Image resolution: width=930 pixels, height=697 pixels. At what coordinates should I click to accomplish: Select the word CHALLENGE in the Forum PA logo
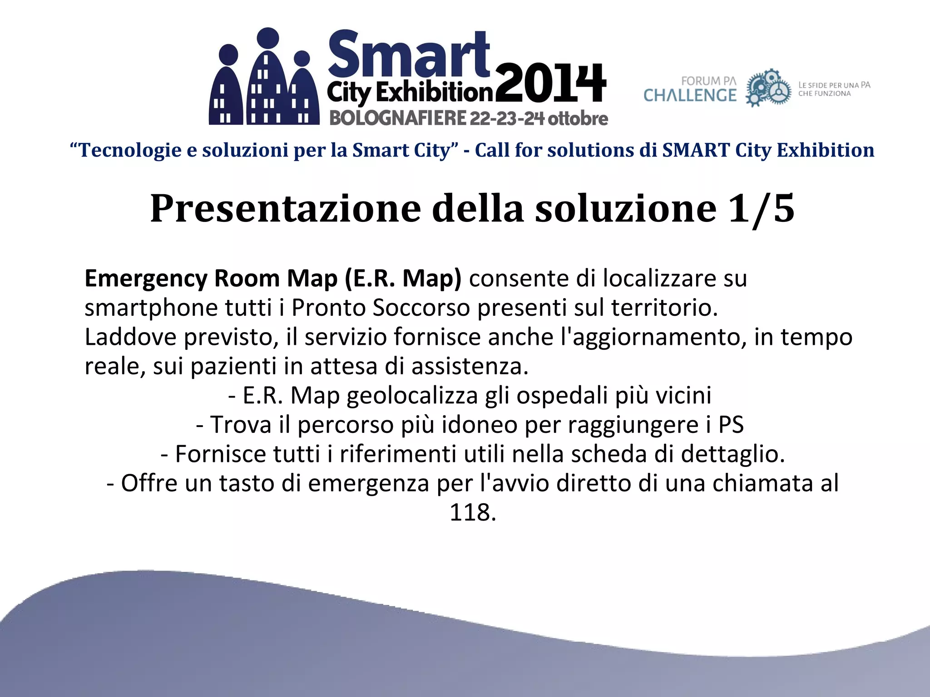click(x=690, y=95)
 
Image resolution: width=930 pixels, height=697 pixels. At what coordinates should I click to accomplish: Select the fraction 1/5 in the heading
click(x=761, y=208)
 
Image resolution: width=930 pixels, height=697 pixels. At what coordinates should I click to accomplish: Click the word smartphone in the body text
click(x=151, y=308)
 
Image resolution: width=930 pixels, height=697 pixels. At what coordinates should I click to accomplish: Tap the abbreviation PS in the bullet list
click(x=731, y=425)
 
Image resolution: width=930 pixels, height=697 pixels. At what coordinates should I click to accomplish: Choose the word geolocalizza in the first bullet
click(x=412, y=396)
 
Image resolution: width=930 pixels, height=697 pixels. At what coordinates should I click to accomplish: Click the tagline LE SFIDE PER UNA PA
click(x=834, y=85)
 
